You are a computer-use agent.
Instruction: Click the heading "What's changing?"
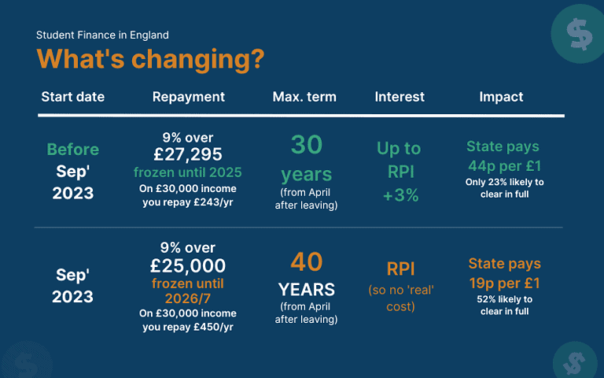(150, 59)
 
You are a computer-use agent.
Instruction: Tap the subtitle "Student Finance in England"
(102, 35)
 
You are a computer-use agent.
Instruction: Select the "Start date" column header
(72, 97)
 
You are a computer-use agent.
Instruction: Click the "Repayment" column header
(189, 97)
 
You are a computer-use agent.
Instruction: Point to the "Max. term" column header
(304, 97)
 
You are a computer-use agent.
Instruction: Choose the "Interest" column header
(400, 97)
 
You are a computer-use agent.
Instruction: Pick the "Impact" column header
(501, 97)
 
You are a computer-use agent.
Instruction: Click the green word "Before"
(73, 150)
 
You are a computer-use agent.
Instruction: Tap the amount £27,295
(189, 155)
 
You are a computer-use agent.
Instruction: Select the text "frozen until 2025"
(189, 172)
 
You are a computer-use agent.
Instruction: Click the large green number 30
(307, 145)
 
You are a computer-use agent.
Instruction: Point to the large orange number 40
(307, 261)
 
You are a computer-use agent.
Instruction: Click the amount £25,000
(189, 266)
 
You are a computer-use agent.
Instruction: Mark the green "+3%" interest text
(400, 196)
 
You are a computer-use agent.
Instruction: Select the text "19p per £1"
(503, 282)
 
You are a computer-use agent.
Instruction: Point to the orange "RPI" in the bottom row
(401, 269)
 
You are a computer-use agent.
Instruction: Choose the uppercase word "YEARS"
(307, 288)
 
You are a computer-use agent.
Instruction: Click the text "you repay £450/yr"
(189, 327)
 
